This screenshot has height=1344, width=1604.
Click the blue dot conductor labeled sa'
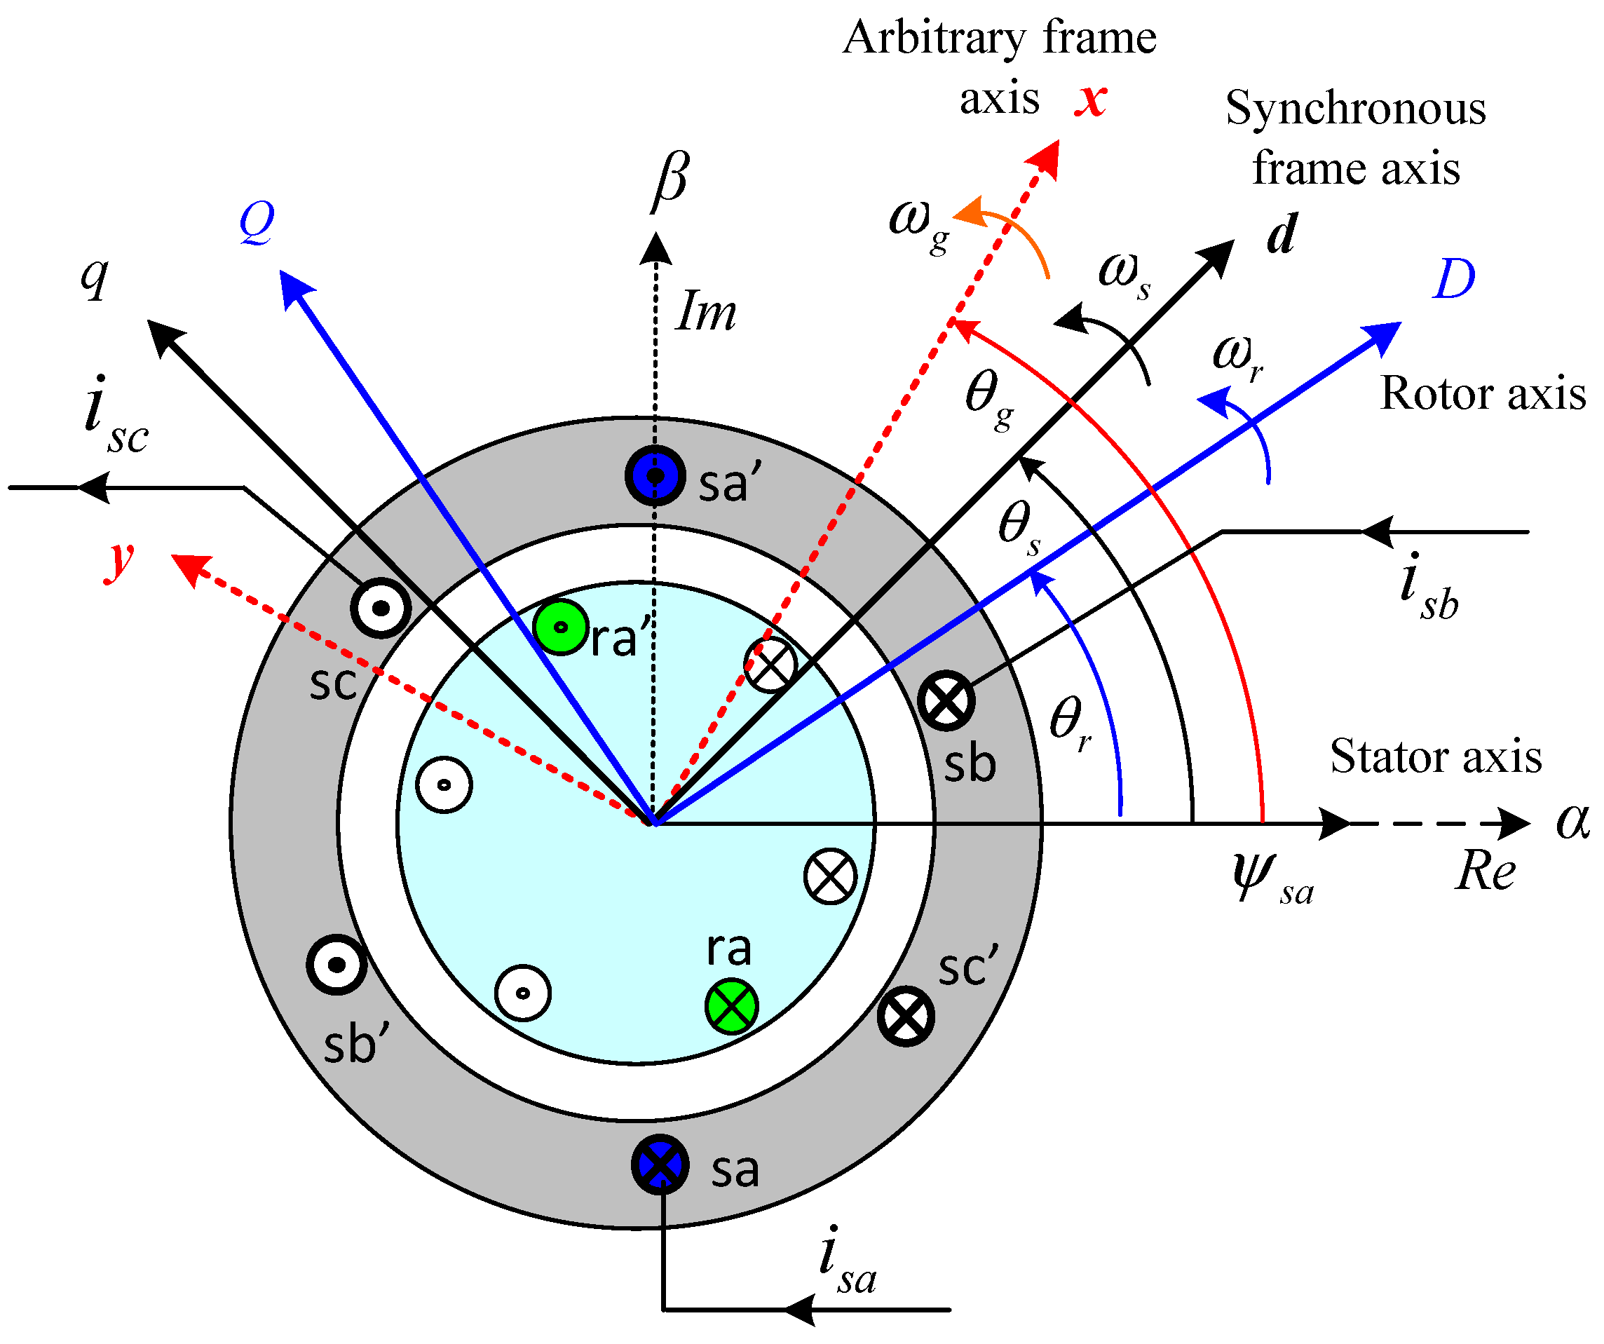[x=655, y=475]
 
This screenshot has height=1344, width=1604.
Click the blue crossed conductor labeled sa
[x=660, y=1165]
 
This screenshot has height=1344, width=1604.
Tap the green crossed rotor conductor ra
[x=731, y=1006]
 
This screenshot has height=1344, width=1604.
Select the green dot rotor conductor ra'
[x=561, y=627]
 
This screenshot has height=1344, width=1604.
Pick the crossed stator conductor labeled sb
[x=946, y=700]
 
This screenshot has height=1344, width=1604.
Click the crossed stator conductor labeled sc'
[x=906, y=1016]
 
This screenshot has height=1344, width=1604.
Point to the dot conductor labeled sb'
[x=337, y=964]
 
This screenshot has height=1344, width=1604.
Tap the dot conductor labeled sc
[x=381, y=608]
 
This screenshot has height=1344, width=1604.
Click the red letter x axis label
[x=1091, y=99]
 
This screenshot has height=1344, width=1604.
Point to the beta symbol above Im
[x=671, y=180]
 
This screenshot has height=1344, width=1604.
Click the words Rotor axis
[x=1483, y=393]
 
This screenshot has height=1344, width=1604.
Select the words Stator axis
[x=1435, y=756]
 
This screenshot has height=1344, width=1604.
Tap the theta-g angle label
[x=989, y=398]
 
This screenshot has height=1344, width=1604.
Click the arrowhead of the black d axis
[x=1218, y=254]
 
